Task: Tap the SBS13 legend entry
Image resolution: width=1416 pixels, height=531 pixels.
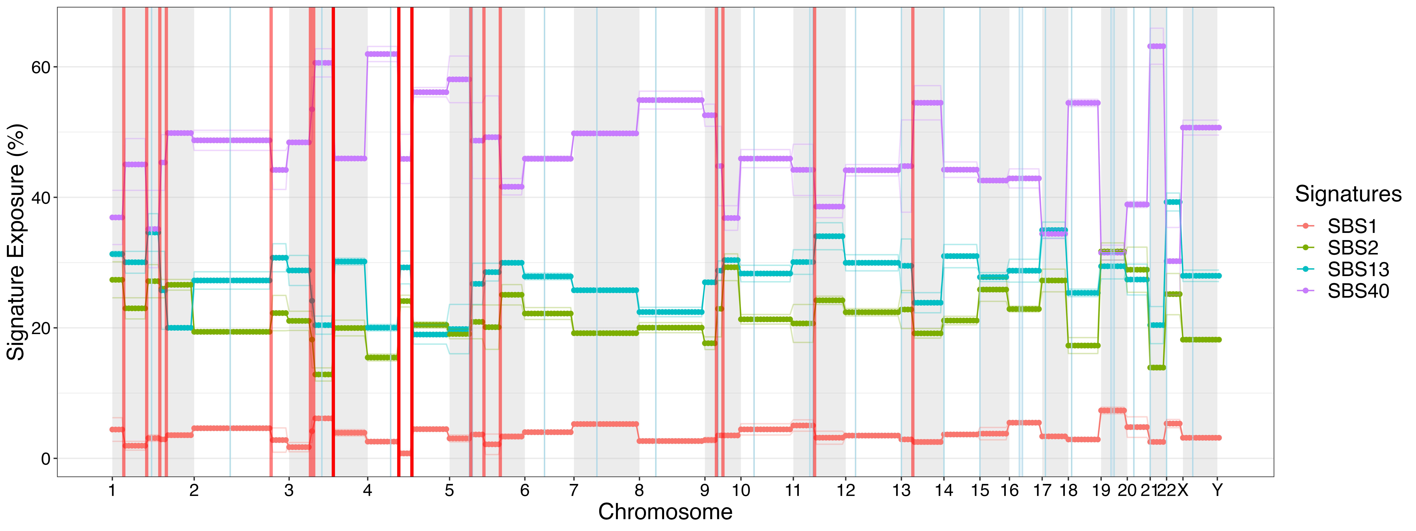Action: point(1358,269)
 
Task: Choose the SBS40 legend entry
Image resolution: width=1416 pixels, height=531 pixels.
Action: point(1358,291)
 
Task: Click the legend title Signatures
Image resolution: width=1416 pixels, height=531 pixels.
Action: point(1348,194)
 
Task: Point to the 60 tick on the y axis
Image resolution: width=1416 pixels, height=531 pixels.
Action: point(41,67)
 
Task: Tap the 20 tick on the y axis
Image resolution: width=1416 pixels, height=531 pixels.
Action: point(41,328)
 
